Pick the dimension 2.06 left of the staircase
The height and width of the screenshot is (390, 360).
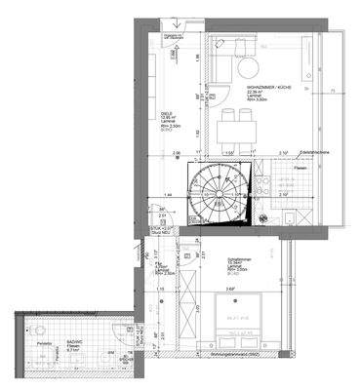click(x=176, y=153)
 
